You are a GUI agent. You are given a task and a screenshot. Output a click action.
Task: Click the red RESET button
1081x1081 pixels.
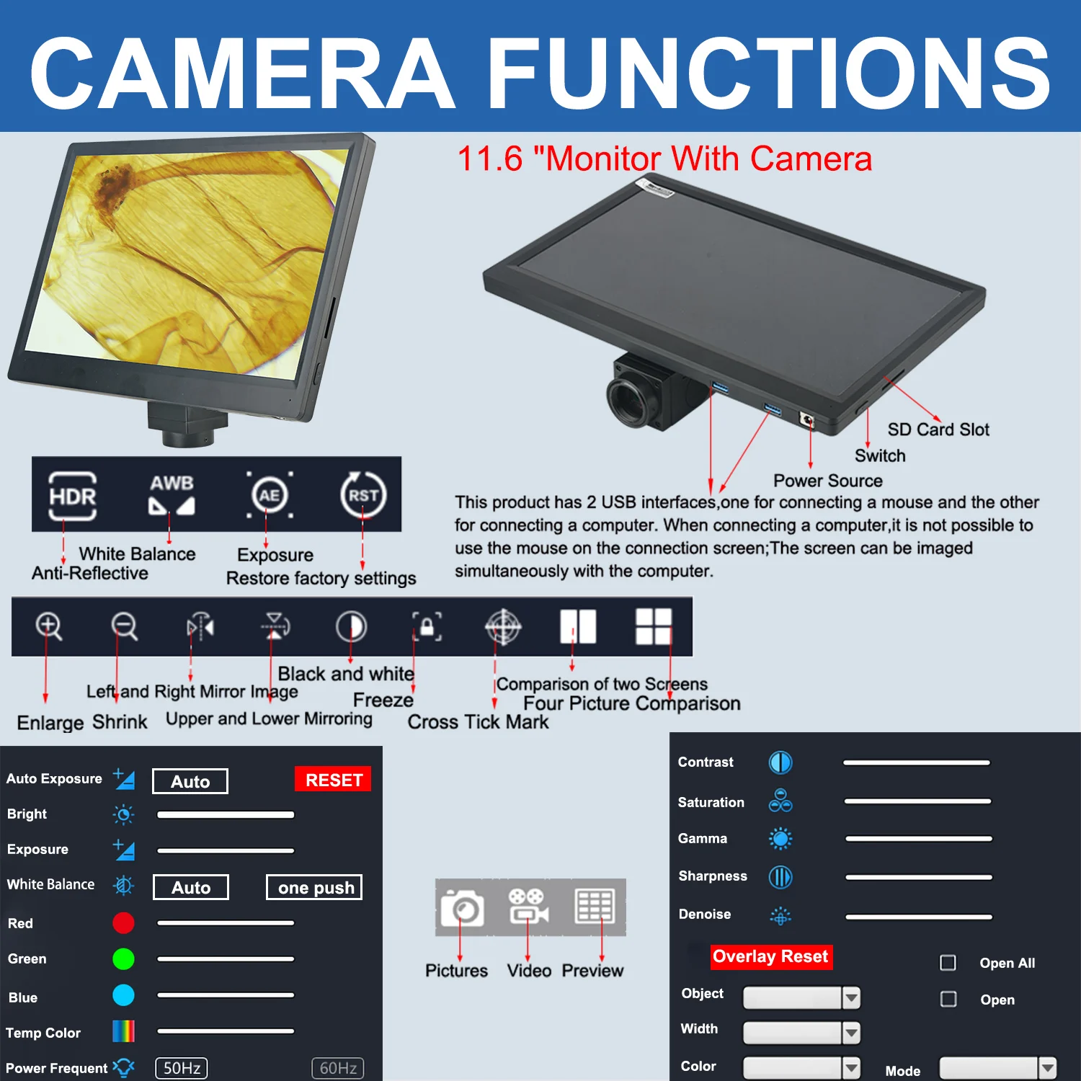tap(333, 779)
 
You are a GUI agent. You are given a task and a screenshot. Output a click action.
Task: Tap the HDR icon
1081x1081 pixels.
tap(72, 496)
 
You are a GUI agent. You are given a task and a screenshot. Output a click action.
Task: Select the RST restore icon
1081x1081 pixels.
tap(363, 495)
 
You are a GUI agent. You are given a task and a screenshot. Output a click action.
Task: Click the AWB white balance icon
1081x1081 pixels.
tap(172, 494)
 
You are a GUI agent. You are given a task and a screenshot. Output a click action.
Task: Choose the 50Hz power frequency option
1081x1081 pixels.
tap(182, 1068)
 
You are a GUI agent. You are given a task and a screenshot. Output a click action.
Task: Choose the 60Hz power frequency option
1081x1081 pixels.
tap(338, 1068)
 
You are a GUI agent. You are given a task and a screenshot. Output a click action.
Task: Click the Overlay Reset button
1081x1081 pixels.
tap(771, 956)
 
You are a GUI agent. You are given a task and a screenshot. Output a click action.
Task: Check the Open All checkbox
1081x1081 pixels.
tap(948, 963)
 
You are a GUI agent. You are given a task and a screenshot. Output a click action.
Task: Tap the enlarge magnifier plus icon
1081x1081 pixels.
tap(49, 626)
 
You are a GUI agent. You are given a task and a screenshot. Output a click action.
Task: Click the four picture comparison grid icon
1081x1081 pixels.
tap(654, 626)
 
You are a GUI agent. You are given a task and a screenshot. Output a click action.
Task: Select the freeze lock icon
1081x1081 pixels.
tap(427, 626)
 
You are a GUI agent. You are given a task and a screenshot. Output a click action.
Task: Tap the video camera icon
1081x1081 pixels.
tap(528, 906)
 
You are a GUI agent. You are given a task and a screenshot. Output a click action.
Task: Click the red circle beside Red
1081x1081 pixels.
tap(123, 923)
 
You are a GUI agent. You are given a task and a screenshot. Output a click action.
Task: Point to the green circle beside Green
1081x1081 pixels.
tap(123, 959)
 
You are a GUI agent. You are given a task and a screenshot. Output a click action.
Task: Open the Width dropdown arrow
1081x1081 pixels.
tap(851, 1033)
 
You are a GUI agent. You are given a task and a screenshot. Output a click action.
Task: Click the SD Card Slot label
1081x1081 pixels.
tap(938, 430)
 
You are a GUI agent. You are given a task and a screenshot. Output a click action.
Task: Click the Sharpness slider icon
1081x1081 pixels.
tap(780, 877)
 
